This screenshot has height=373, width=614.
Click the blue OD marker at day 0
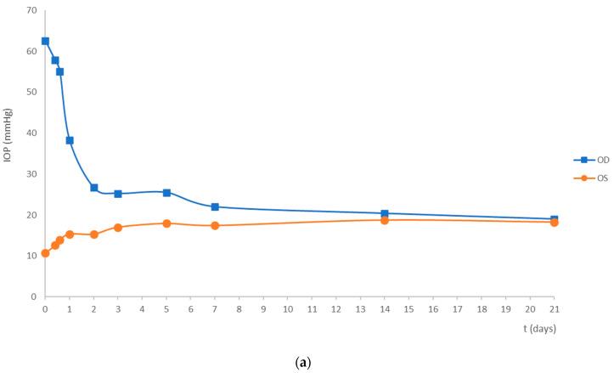[45, 41]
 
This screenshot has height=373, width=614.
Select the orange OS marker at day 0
[45, 253]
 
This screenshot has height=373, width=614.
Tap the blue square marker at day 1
[70, 140]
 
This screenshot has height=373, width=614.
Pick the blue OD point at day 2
[93, 188]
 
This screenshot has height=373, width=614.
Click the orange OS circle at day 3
[118, 228]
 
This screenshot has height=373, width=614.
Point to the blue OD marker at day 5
[166, 193]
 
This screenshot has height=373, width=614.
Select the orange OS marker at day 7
[215, 225]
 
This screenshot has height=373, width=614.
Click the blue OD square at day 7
[215, 207]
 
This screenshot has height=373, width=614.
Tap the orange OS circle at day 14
[385, 220]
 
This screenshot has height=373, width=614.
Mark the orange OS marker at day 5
[166, 223]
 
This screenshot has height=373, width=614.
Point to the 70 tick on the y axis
[31, 10]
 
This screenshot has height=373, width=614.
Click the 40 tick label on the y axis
[31, 133]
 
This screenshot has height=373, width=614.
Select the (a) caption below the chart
[307, 361]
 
